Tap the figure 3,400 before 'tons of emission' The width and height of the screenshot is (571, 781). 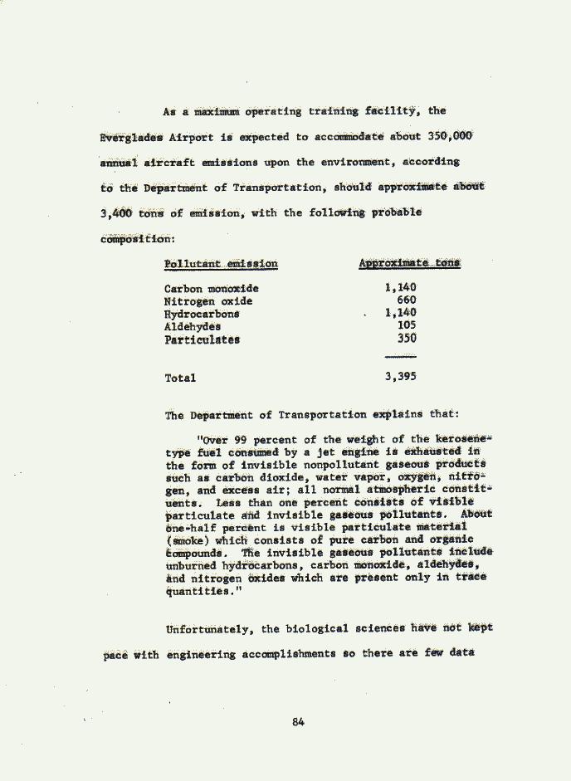[117, 212]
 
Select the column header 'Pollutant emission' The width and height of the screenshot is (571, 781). [221, 264]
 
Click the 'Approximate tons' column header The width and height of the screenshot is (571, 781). [409, 263]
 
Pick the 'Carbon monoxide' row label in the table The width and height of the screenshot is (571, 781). [211, 289]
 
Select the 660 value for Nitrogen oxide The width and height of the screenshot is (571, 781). [407, 300]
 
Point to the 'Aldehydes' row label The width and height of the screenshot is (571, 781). [192, 326]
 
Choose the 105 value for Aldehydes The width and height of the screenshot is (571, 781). [407, 325]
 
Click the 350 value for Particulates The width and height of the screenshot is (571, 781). [407, 339]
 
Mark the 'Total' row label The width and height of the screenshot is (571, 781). [180, 378]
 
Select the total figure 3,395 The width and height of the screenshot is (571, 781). [400, 377]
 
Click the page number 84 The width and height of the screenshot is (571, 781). [299, 722]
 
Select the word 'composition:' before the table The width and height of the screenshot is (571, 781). [137, 239]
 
